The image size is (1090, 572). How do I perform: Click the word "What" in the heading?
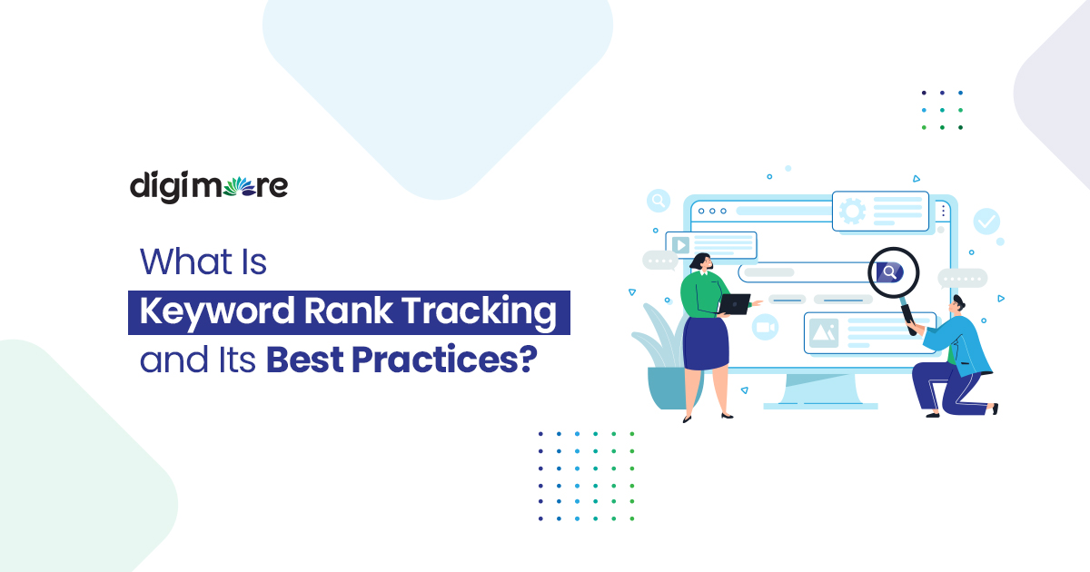point(176,261)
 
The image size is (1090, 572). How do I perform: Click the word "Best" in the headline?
point(304,360)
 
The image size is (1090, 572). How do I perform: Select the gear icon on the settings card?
point(853,212)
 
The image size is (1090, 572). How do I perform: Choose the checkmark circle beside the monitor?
point(986,221)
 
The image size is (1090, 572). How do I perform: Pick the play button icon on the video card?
point(679,243)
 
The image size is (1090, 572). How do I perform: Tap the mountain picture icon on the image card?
point(823,332)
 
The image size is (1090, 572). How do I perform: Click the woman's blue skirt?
point(705,343)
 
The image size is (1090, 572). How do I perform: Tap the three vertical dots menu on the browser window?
point(943,212)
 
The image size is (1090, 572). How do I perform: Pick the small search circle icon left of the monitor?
point(659,201)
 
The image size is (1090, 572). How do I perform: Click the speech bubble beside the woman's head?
point(660,261)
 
